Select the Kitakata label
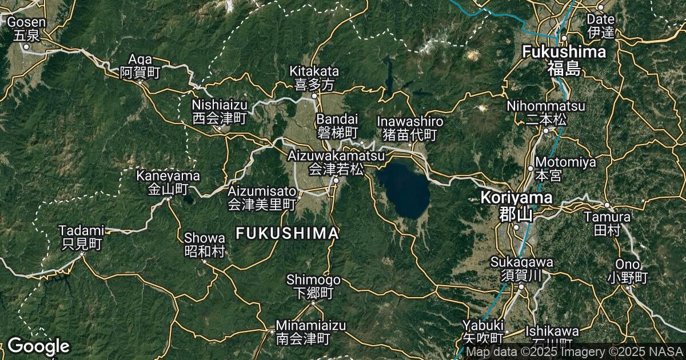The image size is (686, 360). tap(314, 78)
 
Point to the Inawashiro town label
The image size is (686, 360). tap(410, 128)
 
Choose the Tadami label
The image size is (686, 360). tap(83, 237)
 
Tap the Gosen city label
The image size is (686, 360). tap(26, 29)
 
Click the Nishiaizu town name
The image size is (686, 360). tap(219, 111)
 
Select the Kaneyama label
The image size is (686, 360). tap(168, 182)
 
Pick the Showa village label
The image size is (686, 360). tap(204, 244)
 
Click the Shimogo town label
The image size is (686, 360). tap(313, 286)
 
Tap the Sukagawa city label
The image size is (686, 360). tap(522, 269)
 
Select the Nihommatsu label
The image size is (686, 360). tap(546, 113)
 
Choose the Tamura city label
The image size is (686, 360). tap(607, 223)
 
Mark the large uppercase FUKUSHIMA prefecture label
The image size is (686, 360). tap(287, 233)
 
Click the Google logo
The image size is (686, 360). tap(38, 346)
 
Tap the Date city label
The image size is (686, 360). tap(600, 26)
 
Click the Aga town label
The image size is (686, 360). tap(140, 66)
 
